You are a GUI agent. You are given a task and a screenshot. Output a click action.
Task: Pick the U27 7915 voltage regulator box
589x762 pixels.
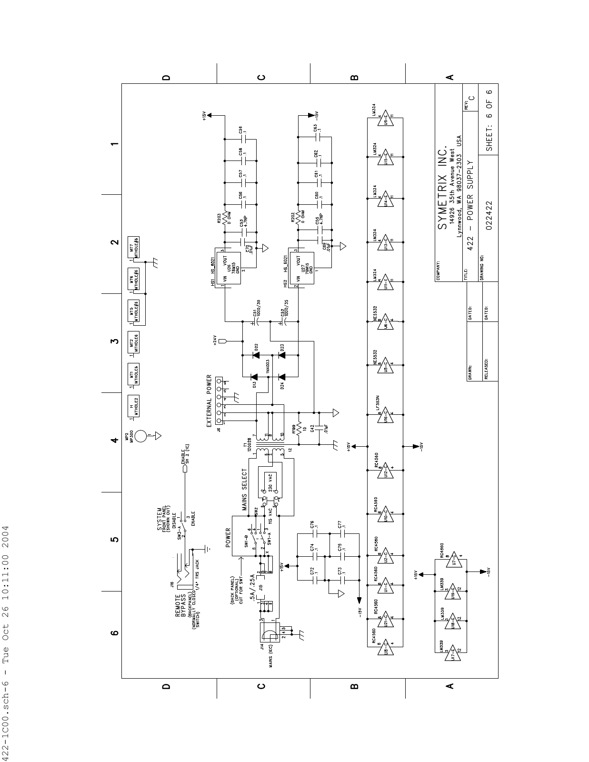(x=305, y=269)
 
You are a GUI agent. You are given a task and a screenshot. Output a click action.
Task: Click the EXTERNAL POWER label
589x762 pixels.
(x=210, y=401)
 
